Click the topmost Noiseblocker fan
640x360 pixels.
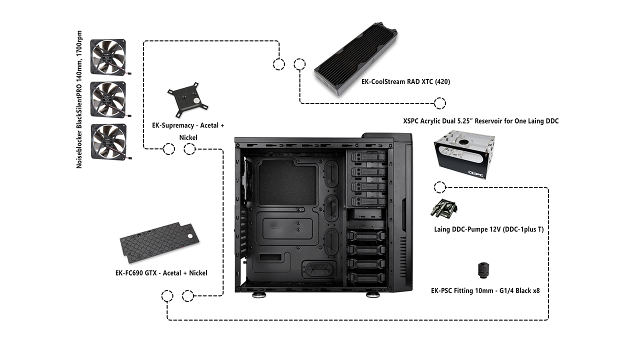click(x=108, y=57)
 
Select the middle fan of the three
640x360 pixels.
click(x=108, y=99)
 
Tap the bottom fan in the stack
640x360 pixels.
click(x=108, y=142)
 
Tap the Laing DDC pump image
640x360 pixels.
click(x=444, y=208)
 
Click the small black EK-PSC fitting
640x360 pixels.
click(x=483, y=270)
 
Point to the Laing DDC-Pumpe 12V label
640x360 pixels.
click(x=488, y=229)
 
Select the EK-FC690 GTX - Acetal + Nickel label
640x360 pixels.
click(x=161, y=273)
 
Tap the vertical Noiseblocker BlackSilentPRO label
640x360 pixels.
click(x=79, y=104)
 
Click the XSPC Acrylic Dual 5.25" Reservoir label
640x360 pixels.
click(x=480, y=121)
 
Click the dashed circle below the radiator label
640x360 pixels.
click(x=439, y=103)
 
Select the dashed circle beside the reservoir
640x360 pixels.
click(x=439, y=187)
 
